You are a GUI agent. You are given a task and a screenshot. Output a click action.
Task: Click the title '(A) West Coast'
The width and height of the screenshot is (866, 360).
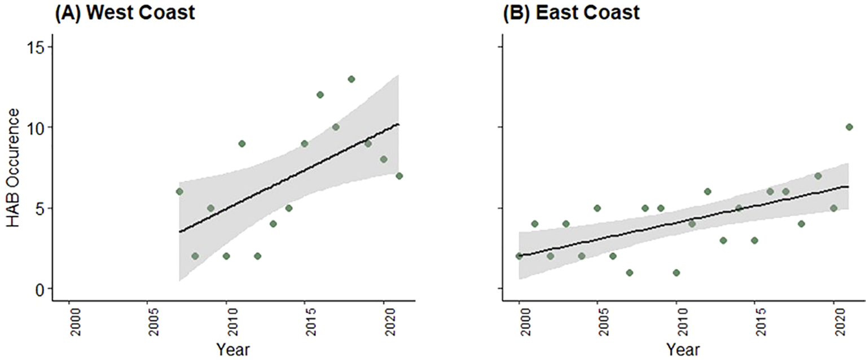124,12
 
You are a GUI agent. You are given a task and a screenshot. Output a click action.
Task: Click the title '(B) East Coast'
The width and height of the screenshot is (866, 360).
572,12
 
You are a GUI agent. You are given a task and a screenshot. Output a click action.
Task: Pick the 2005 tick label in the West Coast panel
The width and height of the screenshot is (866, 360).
148,323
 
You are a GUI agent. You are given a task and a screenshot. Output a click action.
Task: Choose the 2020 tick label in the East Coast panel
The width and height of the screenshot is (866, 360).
834,323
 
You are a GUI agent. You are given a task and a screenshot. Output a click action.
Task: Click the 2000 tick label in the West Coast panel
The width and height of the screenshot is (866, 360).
69,323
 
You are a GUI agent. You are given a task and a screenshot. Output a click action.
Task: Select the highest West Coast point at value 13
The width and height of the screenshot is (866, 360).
351,79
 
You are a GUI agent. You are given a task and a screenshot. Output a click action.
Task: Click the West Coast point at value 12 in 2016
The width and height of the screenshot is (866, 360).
320,95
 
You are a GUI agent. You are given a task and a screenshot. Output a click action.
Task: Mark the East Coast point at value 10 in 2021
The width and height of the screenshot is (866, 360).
849,127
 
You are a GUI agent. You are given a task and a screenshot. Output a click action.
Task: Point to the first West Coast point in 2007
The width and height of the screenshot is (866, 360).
179,192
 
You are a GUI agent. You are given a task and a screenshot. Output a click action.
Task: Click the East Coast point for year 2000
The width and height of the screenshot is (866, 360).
519,256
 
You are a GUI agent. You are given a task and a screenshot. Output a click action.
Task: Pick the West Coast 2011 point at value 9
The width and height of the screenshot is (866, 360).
241,143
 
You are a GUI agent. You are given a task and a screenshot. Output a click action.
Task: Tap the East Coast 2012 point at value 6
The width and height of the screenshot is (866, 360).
707,192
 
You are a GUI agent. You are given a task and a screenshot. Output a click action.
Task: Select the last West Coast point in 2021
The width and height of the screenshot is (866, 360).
399,175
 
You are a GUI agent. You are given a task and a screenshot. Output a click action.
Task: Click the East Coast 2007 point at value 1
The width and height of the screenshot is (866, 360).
630,273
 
